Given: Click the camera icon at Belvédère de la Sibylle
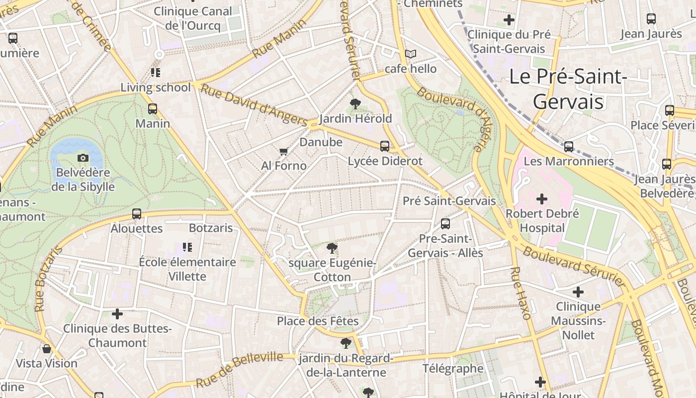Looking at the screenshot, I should pyautogui.click(x=83, y=158).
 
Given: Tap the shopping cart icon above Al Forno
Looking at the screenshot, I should pyautogui.click(x=283, y=151).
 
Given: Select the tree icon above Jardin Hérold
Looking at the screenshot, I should pyautogui.click(x=355, y=104).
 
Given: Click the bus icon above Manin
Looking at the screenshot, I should pyautogui.click(x=153, y=109).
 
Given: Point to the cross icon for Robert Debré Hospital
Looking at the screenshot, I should pyautogui.click(x=542, y=199).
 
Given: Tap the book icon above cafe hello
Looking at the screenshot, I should pyautogui.click(x=411, y=54).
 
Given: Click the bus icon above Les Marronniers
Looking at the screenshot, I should pyautogui.click(x=569, y=147).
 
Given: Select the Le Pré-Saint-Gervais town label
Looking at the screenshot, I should pyautogui.click(x=568, y=89).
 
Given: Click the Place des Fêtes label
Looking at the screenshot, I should pyautogui.click(x=318, y=321).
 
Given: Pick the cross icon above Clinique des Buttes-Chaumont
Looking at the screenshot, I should pyautogui.click(x=117, y=314).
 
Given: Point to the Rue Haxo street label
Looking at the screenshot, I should pyautogui.click(x=521, y=294).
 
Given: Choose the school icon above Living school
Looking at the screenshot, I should pyautogui.click(x=156, y=73).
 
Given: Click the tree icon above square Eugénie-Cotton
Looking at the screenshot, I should pyautogui.click(x=332, y=248).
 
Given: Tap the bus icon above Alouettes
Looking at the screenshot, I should pyautogui.click(x=137, y=214).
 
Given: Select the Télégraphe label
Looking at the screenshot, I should pyautogui.click(x=453, y=369).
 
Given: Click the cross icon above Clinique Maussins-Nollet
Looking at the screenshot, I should pyautogui.click(x=578, y=292).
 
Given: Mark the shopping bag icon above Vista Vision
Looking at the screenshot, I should pyautogui.click(x=47, y=349).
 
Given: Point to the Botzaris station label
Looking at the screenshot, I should pyautogui.click(x=211, y=228).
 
